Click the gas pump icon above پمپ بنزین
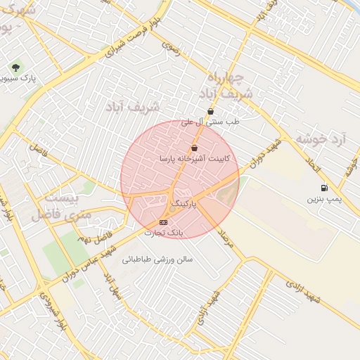coord(324,188)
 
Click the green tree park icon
coord(15,67)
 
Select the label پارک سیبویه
coord(20,79)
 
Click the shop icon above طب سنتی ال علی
coord(210,111)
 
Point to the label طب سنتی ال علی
coord(210,122)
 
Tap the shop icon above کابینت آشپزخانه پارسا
coord(194,148)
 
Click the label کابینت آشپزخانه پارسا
coord(193,159)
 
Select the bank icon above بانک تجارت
coord(164,222)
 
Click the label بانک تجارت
coord(163,232)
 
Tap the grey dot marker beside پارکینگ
coord(173,208)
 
